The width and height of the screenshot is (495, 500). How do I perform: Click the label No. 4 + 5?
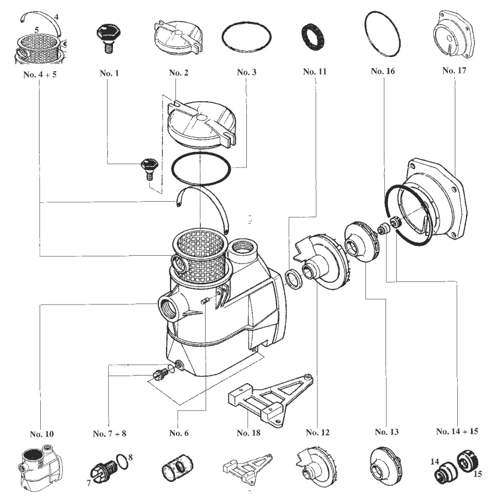[x=40, y=74]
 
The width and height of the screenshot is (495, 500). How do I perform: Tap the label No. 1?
[x=109, y=73]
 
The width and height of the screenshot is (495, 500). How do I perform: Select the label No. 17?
[x=454, y=70]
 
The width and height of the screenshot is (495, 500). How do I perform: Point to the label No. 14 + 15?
[x=457, y=431]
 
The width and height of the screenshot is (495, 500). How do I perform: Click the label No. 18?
[x=249, y=433]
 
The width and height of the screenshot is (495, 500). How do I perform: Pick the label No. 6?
[x=179, y=433]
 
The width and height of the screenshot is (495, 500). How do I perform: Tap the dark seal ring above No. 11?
[x=313, y=37]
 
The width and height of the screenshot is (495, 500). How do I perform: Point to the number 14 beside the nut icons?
[x=434, y=462]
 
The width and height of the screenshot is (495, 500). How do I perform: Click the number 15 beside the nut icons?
[x=478, y=474]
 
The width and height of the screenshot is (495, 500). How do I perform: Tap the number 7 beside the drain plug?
[x=89, y=483]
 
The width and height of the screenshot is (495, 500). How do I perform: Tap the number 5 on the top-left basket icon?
[x=37, y=30]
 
